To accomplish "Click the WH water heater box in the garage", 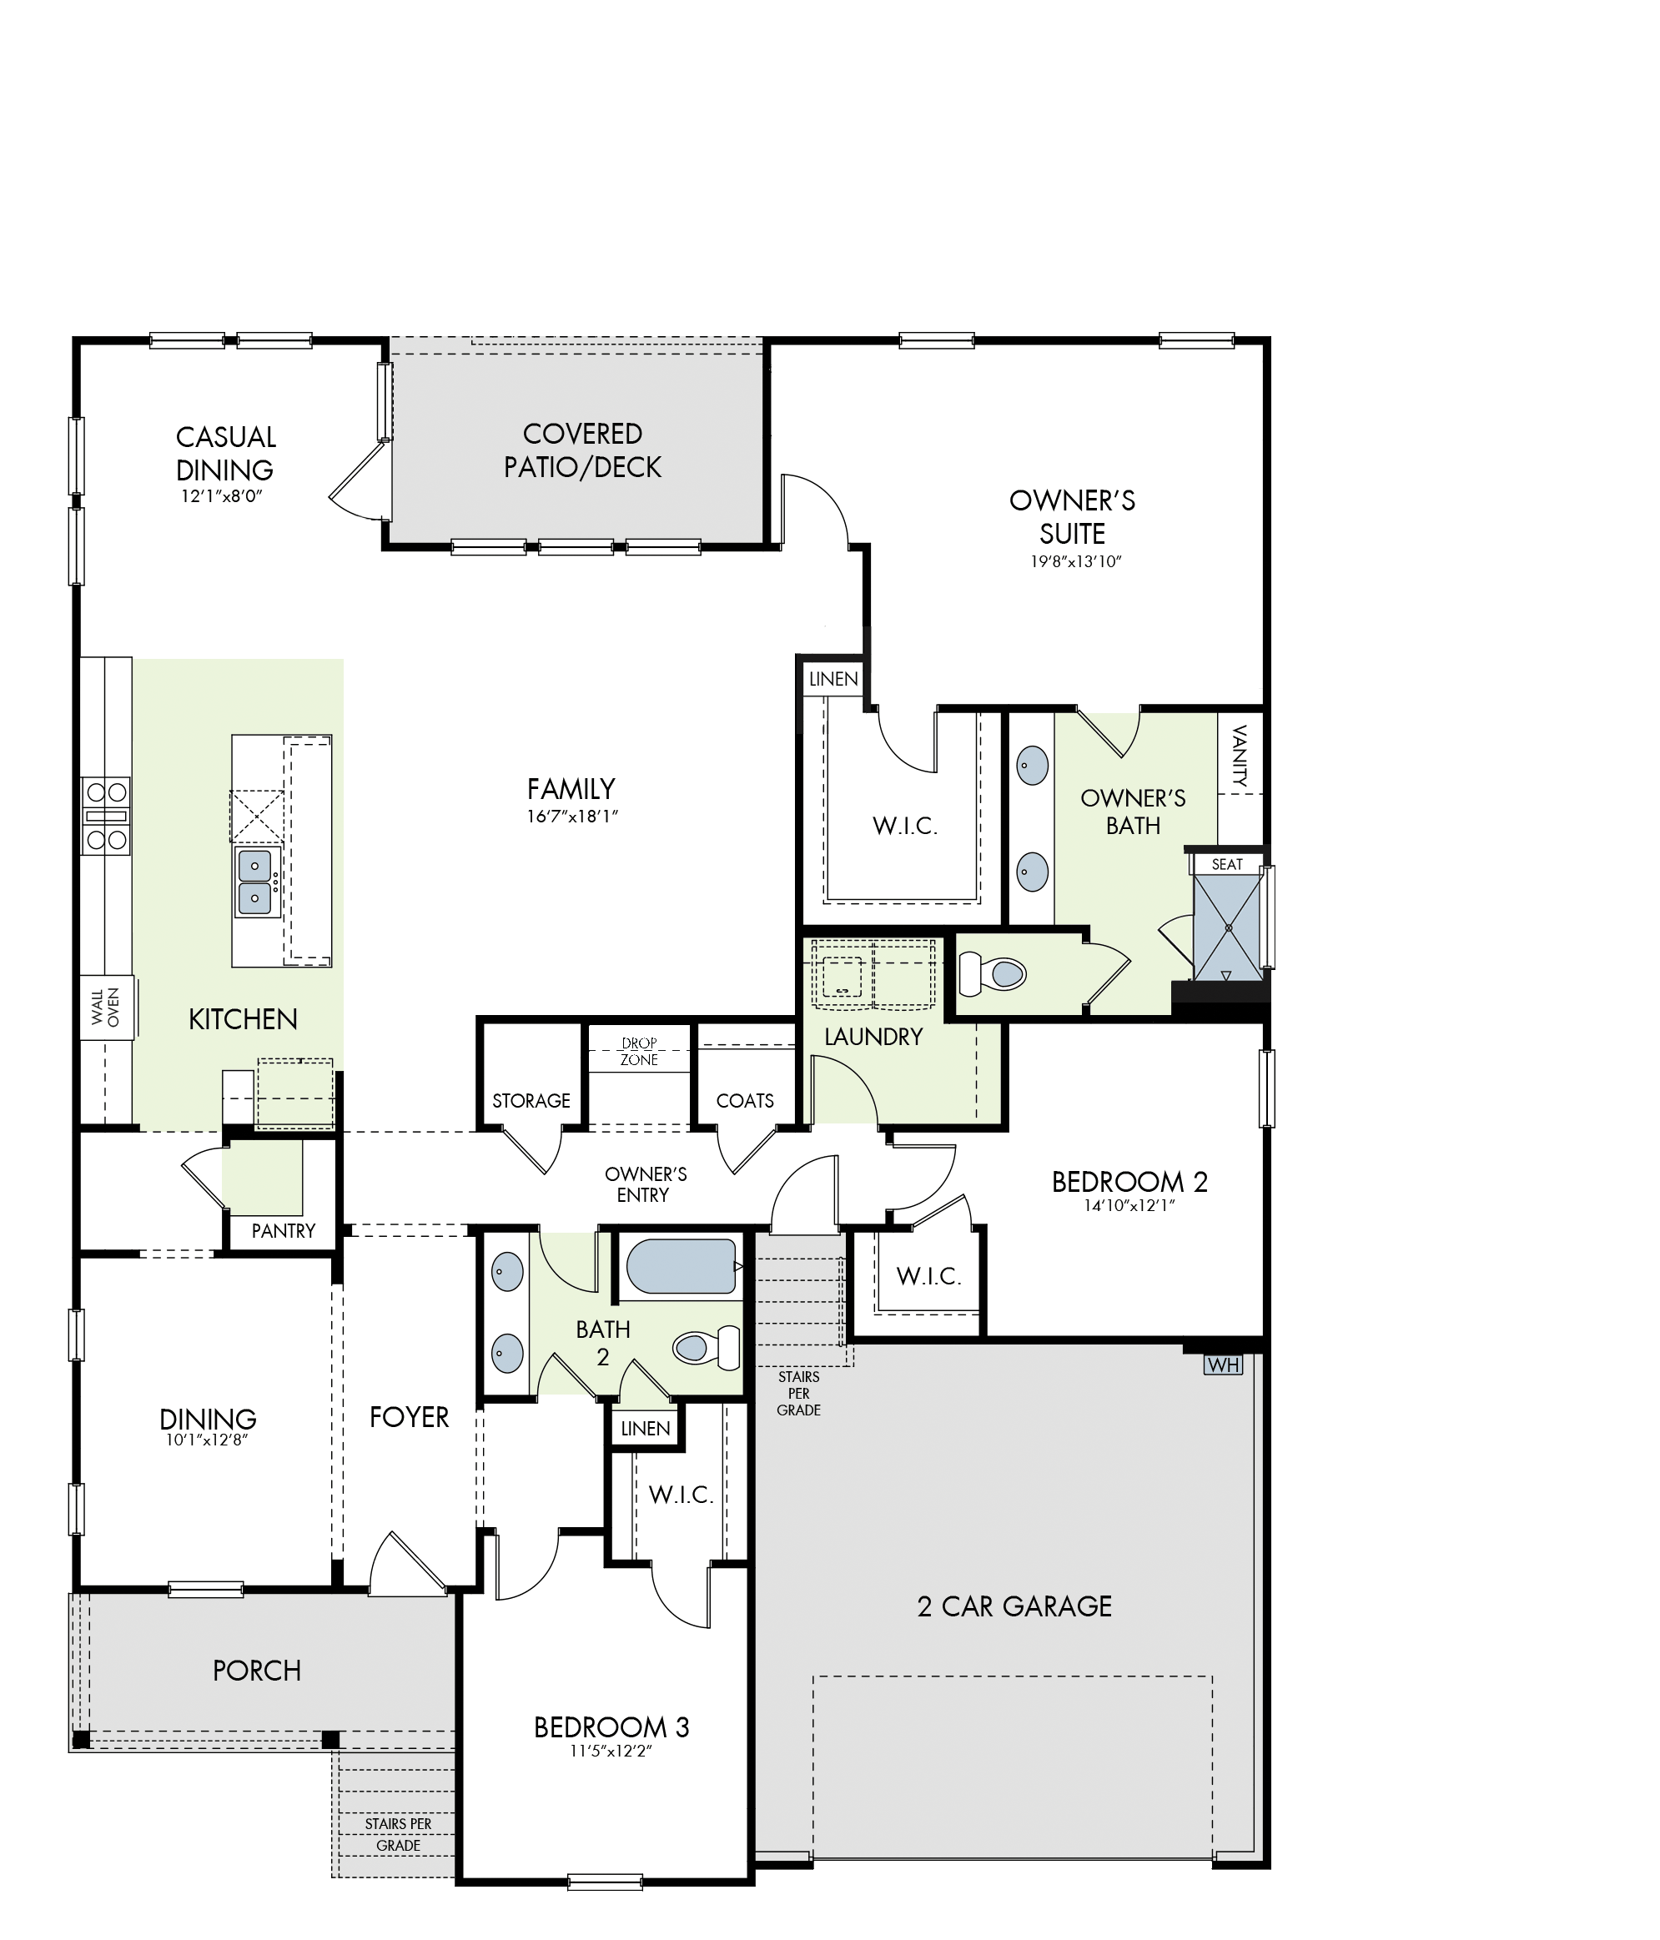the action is pos(1223,1365).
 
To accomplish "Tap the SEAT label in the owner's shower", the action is pos(1226,864).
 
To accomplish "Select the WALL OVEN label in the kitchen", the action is pos(106,1008).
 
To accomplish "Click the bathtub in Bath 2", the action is pos(681,1267).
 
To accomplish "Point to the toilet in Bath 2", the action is pos(707,1347).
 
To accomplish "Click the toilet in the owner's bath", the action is pos(993,973).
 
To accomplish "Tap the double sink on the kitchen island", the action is pos(255,882).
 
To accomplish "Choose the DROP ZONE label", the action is pos(640,1052).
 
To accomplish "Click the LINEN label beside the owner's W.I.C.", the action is pos(833,679).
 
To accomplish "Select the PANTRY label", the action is pos(284,1230).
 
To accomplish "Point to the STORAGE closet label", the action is pos(531,1100).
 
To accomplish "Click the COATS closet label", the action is pos(745,1100).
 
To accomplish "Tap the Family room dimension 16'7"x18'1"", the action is pos(572,817).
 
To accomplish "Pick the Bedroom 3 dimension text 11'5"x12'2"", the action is pos(611,1750).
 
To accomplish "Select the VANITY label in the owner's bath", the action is pos(1240,755).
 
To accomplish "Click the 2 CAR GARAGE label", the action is pos(1015,1606).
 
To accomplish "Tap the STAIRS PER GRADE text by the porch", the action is pos(399,1834).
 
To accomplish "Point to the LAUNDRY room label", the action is pos(873,1037).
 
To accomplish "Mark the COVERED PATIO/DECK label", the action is pos(582,450).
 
